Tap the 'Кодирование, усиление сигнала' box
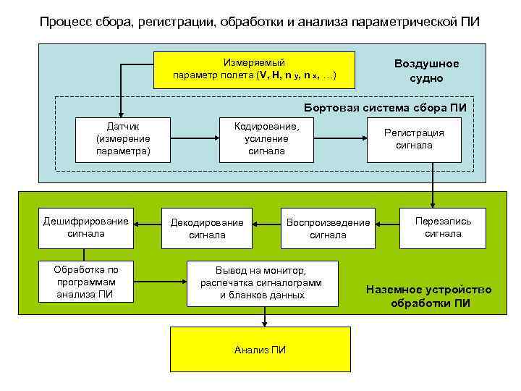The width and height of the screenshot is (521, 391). tap(266, 138)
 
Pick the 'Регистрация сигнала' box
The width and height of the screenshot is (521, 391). tap(413, 139)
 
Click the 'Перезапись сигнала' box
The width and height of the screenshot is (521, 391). tap(443, 227)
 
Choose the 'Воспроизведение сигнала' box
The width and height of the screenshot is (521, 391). tap(328, 228)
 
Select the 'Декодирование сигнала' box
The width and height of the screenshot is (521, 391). tap(207, 228)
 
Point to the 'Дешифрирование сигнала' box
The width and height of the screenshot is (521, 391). tap(85, 227)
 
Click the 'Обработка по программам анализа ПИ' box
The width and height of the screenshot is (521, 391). tap(85, 282)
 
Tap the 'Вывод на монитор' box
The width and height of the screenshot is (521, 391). tap(261, 282)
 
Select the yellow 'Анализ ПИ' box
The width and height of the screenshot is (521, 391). tap(260, 350)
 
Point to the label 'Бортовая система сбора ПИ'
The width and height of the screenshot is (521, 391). tap(394, 108)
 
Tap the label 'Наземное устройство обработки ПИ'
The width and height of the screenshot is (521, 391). tap(429, 296)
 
